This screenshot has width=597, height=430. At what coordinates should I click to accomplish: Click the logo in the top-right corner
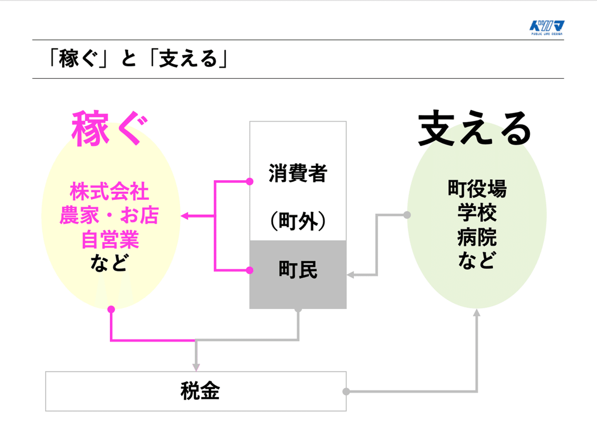coord(547,27)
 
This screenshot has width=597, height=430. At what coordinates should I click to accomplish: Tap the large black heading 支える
coord(474,129)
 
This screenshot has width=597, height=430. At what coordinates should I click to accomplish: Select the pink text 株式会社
coord(109,192)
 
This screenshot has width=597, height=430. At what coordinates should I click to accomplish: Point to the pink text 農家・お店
coord(109,216)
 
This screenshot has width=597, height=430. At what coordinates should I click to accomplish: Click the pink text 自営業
coord(110,240)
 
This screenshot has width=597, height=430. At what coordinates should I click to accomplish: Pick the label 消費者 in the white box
coord(298,173)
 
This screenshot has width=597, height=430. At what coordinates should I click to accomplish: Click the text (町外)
coord(298,221)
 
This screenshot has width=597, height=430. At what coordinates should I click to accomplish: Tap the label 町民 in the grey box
coord(298,270)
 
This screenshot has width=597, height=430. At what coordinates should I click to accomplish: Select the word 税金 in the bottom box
coord(200,391)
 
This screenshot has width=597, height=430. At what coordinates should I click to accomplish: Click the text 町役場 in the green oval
coord(477,189)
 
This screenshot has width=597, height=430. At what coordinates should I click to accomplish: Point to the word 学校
coord(477,213)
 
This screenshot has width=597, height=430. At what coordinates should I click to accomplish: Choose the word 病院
coord(477,237)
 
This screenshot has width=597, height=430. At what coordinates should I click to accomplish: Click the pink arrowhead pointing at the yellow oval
coord(184,216)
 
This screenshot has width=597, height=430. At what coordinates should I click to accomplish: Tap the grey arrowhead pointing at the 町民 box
coord(350,275)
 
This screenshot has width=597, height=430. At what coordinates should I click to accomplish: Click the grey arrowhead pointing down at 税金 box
coord(196,368)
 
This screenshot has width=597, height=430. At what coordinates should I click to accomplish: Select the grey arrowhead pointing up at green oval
coord(477,313)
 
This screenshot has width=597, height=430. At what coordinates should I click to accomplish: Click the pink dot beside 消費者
coord(250,181)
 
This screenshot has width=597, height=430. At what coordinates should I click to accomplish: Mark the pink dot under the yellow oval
coord(111,309)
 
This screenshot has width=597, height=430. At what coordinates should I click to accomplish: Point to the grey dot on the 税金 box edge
coord(346,391)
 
